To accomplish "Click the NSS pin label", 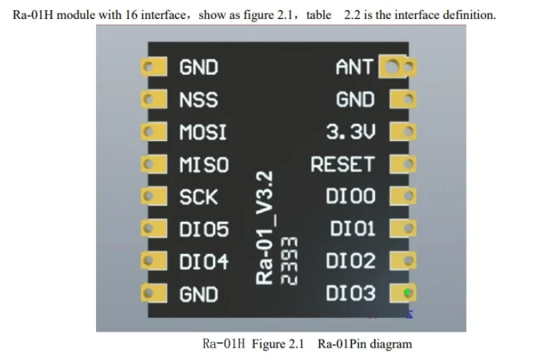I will pyautogui.click(x=198, y=100).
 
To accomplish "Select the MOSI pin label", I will pyautogui.click(x=203, y=132).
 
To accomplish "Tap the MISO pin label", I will pyautogui.click(x=204, y=165).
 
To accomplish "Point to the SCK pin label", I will pyautogui.click(x=198, y=197).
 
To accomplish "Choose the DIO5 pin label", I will pyautogui.click(x=204, y=230).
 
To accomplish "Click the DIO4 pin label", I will pyautogui.click(x=204, y=262).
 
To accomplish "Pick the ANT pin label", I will pyautogui.click(x=354, y=68).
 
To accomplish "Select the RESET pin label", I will pyautogui.click(x=342, y=165).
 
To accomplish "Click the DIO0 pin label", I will pyautogui.click(x=350, y=197).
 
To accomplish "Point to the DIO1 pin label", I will pyautogui.click(x=353, y=229).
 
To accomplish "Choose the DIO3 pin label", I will pyautogui.click(x=350, y=294).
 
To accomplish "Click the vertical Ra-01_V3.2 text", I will pyautogui.click(x=267, y=227).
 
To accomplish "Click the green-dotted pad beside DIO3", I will pyautogui.click(x=406, y=294).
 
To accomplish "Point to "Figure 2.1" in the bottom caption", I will pyautogui.click(x=278, y=343).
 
